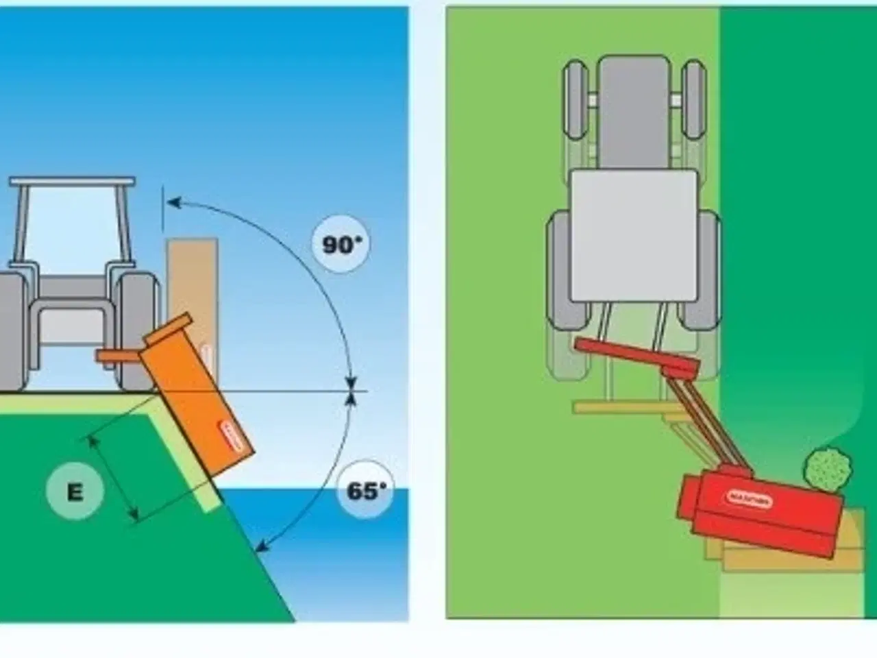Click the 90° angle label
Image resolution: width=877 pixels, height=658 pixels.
tap(341, 245)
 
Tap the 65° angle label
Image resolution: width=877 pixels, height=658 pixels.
tap(366, 491)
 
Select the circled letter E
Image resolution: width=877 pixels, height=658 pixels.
tap(75, 491)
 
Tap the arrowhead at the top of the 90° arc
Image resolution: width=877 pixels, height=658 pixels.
tap(173, 202)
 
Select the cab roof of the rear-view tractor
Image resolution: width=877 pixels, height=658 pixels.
tap(72, 182)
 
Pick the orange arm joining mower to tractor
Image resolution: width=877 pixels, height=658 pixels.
tap(120, 356)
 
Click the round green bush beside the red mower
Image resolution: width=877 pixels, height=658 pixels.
tap(828, 470)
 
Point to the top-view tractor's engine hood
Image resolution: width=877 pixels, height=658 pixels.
tap(634, 110)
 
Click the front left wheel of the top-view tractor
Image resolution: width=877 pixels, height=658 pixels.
tap(576, 99)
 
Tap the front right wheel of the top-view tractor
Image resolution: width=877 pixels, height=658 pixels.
tap(694, 99)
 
